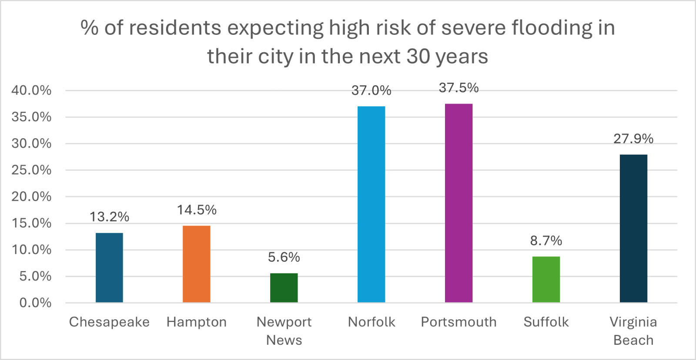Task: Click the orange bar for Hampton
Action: (196, 264)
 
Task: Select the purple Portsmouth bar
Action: (458, 203)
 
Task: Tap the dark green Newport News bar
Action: (284, 288)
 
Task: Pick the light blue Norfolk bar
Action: (371, 204)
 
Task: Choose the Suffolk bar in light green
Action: (546, 279)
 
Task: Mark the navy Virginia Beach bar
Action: (633, 229)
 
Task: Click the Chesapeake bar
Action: (109, 268)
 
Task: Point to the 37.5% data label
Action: (458, 88)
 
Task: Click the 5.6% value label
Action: (284, 257)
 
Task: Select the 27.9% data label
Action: (633, 139)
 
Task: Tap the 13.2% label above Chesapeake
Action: (109, 217)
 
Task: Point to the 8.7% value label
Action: (546, 241)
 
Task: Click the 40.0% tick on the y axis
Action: (31, 91)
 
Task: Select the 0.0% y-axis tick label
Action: (35, 303)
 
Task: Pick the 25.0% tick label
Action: (31, 170)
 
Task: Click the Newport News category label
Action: (284, 331)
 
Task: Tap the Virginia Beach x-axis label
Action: (633, 331)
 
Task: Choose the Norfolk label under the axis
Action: (371, 322)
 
